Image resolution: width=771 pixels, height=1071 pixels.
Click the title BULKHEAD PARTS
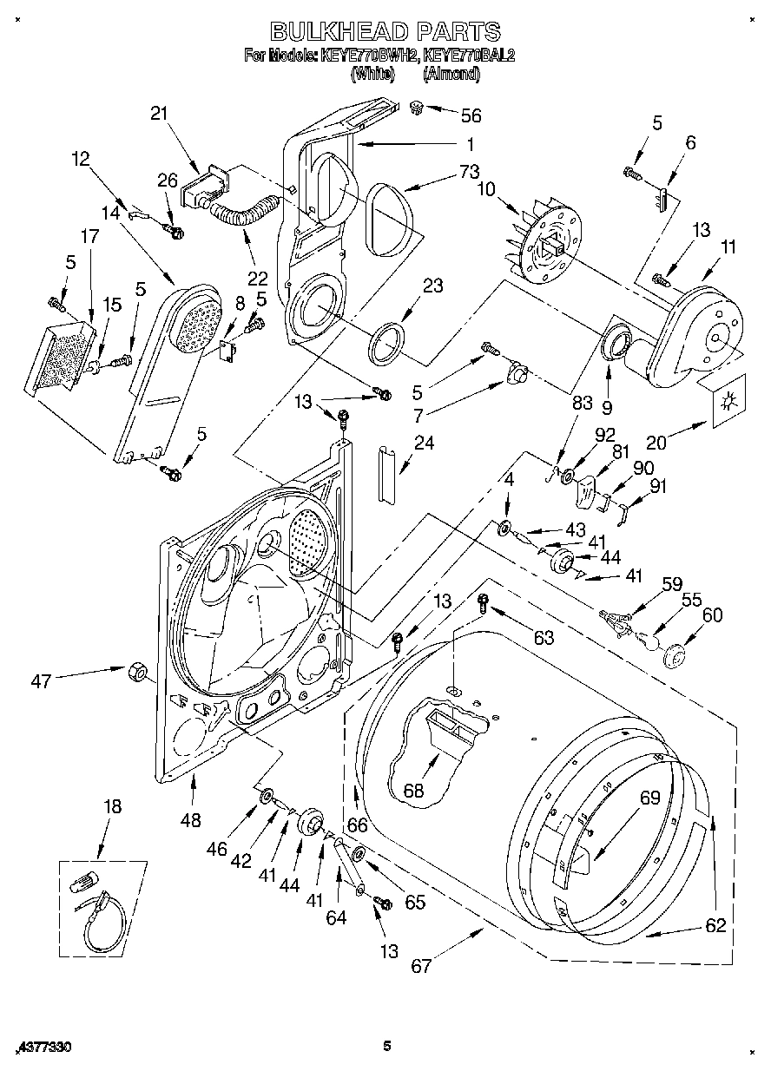point(385,31)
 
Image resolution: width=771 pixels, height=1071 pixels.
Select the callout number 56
point(471,115)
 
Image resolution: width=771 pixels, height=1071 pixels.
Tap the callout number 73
point(471,171)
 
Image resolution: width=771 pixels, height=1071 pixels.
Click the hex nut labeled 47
point(136,671)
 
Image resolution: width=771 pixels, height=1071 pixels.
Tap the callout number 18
point(113,805)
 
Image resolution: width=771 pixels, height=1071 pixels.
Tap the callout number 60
point(712,614)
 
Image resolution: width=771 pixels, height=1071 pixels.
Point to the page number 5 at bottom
point(387,1047)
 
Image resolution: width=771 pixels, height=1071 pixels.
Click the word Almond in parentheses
point(451,75)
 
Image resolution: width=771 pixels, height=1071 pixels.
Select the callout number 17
point(89,234)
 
